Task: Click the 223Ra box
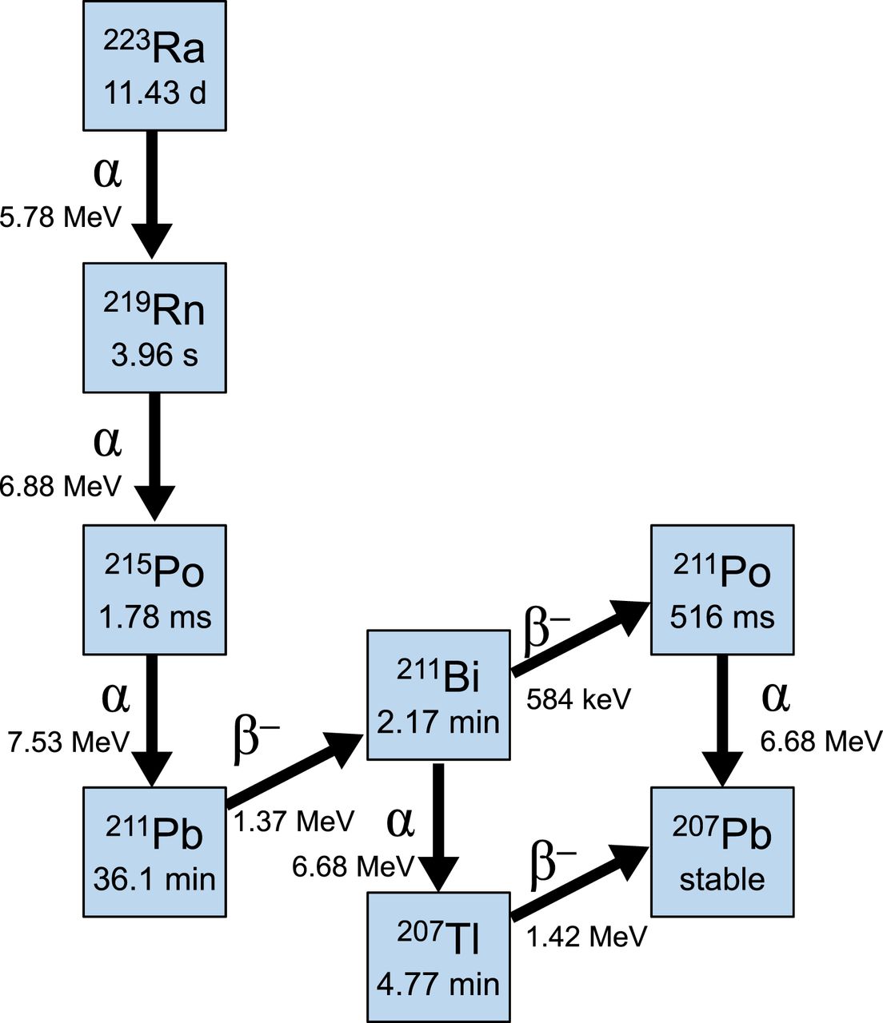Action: tap(154, 66)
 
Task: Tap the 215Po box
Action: tap(154, 589)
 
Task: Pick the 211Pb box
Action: tap(154, 851)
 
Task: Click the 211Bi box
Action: tap(438, 694)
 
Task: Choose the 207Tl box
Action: tap(438, 956)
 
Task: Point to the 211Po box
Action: tap(722, 589)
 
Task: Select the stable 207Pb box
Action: tap(722, 851)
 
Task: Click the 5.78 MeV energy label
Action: tap(61, 217)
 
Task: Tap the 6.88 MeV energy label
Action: tap(61, 485)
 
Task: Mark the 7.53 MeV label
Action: tap(69, 742)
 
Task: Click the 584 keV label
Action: tap(578, 699)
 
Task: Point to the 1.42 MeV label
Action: tap(586, 936)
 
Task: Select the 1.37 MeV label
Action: tap(294, 821)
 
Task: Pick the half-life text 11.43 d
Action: tap(154, 94)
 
